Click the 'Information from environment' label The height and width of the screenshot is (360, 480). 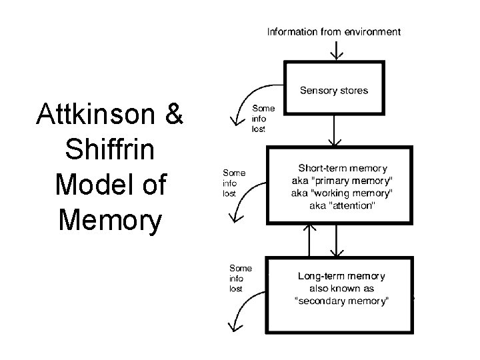click(x=334, y=31)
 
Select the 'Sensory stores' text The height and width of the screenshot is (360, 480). click(x=334, y=90)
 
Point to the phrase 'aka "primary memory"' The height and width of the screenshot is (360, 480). click(x=342, y=181)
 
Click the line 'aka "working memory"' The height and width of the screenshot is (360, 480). click(x=342, y=193)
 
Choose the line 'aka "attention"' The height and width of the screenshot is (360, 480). click(x=342, y=206)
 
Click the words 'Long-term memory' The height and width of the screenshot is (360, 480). click(x=341, y=275)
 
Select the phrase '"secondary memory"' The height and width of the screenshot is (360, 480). click(x=342, y=301)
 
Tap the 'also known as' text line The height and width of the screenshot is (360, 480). click(x=342, y=289)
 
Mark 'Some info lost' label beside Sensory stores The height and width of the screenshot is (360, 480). click(x=262, y=119)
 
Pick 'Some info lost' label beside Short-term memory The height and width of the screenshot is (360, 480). click(x=233, y=183)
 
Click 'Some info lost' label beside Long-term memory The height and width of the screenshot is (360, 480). click(x=241, y=278)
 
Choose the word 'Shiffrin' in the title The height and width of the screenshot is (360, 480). click(x=110, y=151)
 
